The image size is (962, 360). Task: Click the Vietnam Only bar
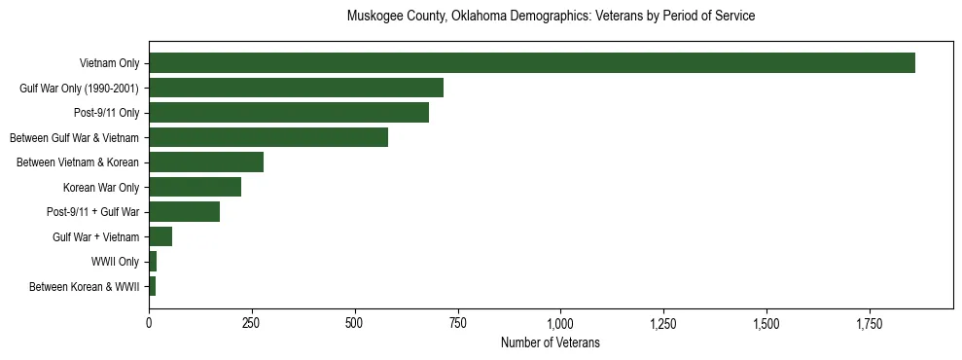531,63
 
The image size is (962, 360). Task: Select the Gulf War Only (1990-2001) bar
296,88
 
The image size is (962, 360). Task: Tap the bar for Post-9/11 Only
289,113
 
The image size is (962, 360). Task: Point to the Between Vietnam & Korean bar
206,162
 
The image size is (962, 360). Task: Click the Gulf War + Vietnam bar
160,236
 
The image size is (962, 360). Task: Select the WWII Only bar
153,262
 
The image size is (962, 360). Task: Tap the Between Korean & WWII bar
152,286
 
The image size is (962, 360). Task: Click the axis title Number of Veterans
550,343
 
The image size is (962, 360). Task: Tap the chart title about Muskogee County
551,17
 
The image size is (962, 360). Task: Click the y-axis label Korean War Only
101,187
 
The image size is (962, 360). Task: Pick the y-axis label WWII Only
115,262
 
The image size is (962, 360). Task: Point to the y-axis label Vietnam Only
109,63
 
